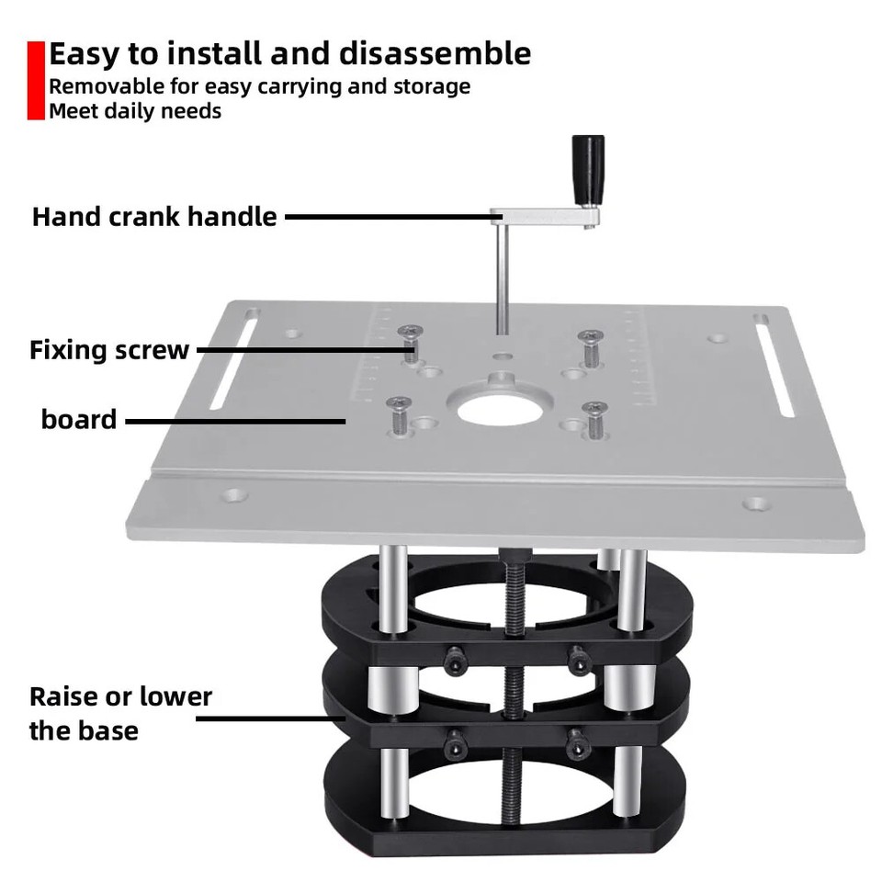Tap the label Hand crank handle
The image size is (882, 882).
click(x=154, y=217)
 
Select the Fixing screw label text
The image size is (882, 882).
click(x=109, y=350)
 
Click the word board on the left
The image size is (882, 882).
click(x=79, y=420)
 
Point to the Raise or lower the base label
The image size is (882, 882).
click(x=120, y=713)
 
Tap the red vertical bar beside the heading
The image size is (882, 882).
click(x=35, y=80)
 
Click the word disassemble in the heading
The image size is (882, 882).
click(x=435, y=53)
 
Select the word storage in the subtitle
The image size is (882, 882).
click(x=426, y=86)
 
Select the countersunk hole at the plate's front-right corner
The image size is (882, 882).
click(x=756, y=503)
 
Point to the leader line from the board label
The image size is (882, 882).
click(x=234, y=422)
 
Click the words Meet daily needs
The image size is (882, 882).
click(x=135, y=111)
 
